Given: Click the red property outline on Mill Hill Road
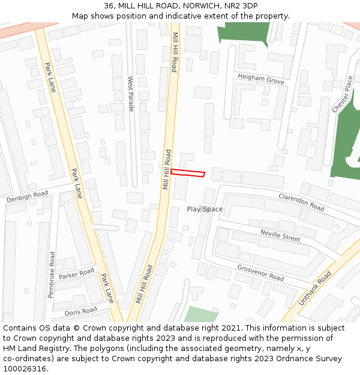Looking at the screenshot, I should click(x=188, y=173).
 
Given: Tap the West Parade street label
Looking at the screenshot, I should click(x=131, y=94).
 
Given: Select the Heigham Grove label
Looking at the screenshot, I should click(x=260, y=79).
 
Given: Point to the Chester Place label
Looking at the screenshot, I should click(x=343, y=94).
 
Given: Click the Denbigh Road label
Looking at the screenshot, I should click(x=28, y=196).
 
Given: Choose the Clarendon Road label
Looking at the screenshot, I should click(x=301, y=202).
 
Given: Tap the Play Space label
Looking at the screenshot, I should click(x=205, y=209).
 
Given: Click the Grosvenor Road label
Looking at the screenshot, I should click(x=260, y=273).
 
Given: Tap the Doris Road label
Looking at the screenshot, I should click(x=80, y=311).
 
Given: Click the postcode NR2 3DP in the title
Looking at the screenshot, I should click(x=240, y=6).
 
